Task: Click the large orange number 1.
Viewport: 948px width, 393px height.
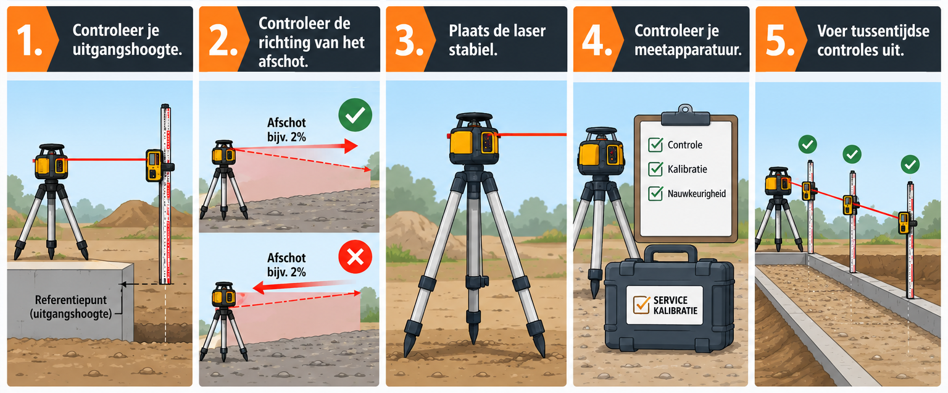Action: point(29,41)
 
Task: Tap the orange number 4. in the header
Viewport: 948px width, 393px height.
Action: point(597,41)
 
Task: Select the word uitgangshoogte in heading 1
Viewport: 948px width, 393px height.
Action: point(127,50)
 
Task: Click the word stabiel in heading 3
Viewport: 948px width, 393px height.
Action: point(473,50)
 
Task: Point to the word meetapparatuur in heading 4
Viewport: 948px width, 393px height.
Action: point(688,51)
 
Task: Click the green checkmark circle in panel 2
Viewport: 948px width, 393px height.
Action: point(355,115)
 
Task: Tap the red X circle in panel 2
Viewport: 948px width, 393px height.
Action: point(355,256)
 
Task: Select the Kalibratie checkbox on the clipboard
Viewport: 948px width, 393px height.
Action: point(655,169)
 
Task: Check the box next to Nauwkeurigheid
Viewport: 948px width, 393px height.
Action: point(655,193)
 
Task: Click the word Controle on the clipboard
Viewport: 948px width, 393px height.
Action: point(684,145)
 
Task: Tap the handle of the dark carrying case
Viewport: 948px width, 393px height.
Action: point(670,253)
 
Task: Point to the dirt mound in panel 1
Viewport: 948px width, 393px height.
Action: point(139,214)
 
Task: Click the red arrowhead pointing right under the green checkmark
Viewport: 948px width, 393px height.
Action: point(351,146)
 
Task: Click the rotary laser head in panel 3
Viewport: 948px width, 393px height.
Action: point(473,139)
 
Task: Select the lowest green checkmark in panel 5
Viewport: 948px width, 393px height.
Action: point(910,165)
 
